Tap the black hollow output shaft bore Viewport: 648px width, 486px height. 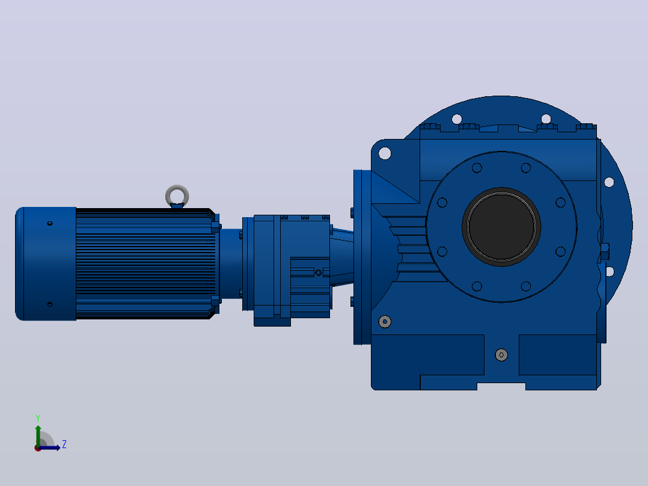(x=501, y=227)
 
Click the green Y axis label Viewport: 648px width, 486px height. (x=38, y=419)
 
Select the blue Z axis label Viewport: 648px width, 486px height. (x=64, y=444)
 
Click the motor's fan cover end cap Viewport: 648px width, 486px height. (x=46, y=264)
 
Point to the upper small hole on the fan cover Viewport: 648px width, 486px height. (x=50, y=223)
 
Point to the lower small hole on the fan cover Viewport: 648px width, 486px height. (x=50, y=304)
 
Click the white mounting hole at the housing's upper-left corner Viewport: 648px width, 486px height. (x=385, y=153)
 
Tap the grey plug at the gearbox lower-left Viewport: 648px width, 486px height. (x=385, y=321)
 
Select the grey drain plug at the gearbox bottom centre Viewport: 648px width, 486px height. (x=501, y=355)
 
